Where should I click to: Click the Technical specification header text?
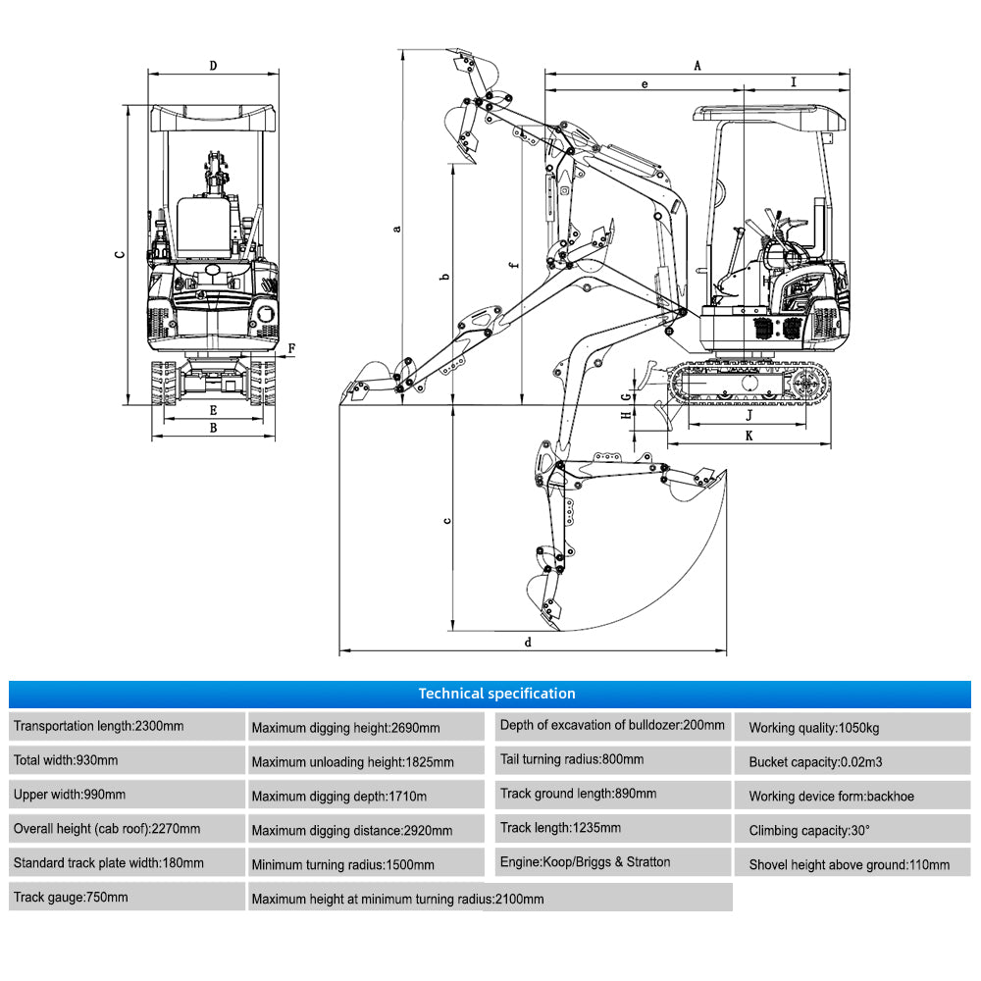[496, 694]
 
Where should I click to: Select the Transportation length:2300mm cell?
[128, 727]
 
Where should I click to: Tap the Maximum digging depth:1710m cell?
[365, 795]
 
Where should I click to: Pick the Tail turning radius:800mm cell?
[608, 759]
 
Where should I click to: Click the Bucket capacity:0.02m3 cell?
[852, 761]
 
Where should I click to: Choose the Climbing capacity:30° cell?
[852, 830]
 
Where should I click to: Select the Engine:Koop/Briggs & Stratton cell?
[608, 862]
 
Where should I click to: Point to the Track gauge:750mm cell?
[128, 897]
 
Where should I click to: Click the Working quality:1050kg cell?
[852, 728]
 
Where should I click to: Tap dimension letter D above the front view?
[213, 66]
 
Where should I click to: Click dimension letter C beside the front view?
[120, 253]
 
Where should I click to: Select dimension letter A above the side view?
[697, 66]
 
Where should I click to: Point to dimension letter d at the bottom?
[528, 643]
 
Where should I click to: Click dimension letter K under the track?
[749, 435]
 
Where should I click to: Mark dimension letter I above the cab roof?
[794, 82]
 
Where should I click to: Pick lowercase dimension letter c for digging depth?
[447, 521]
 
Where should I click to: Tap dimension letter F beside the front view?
[291, 348]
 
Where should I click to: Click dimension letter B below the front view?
[213, 428]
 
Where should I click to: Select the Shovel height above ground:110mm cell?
[852, 864]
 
